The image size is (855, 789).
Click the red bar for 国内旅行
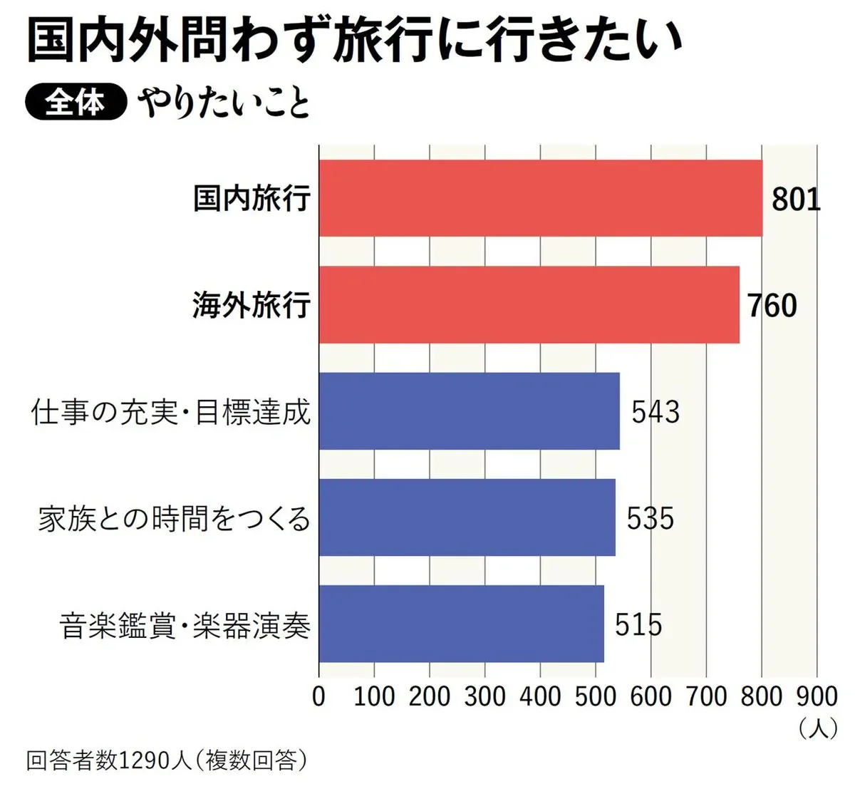(540, 198)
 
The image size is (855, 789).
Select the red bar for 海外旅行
(529, 304)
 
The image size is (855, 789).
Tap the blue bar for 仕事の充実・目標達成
(469, 411)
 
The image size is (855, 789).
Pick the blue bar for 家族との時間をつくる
(467, 517)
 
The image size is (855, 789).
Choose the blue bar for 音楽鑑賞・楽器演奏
(461, 624)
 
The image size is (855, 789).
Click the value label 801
(796, 199)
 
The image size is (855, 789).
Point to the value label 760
(772, 305)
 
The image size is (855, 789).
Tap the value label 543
(655, 412)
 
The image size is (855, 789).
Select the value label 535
(650, 518)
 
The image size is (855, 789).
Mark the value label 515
(638, 624)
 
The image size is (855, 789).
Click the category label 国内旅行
(252, 198)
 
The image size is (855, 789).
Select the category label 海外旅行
(252, 305)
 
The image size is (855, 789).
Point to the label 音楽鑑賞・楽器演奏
(185, 625)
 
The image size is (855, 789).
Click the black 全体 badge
(75, 103)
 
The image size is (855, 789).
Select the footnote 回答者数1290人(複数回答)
(167, 760)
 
